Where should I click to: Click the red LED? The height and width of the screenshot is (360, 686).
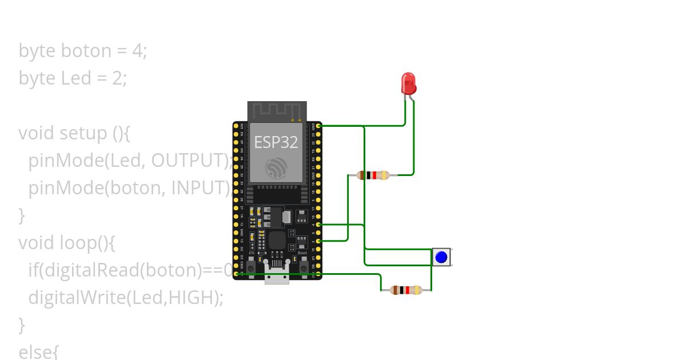408,83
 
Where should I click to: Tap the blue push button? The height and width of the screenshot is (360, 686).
441,257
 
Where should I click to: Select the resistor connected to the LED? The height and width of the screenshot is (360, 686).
373,175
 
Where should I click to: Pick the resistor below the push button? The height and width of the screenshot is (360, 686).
406,290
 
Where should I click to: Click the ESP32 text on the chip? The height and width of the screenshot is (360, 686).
276,142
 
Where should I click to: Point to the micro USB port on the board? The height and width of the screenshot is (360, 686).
277,275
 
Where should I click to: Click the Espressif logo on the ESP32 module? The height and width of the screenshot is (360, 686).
277,168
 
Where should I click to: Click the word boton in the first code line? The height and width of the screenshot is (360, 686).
86,51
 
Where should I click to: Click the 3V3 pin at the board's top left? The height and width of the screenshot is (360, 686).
236,125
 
